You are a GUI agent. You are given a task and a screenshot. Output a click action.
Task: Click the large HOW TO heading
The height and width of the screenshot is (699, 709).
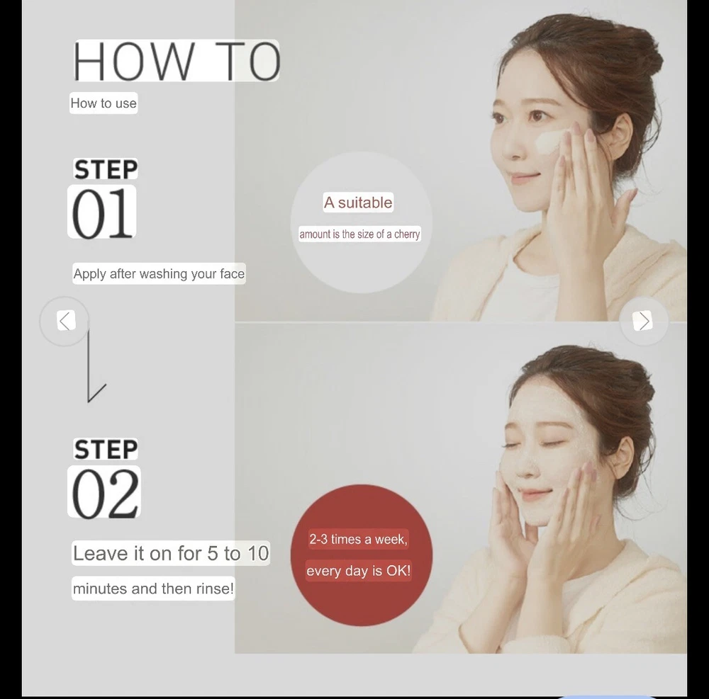tap(177, 61)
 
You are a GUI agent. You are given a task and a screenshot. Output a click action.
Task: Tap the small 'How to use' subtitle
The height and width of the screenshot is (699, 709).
tap(104, 103)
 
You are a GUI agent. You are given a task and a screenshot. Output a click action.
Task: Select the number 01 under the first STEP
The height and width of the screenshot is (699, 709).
tap(103, 212)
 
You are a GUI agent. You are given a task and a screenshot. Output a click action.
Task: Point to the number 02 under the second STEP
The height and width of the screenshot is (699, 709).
tap(105, 493)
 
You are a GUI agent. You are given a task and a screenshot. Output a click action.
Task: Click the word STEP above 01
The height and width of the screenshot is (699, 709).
tap(106, 170)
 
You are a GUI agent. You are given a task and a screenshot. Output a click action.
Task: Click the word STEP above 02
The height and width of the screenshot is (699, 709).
tap(106, 450)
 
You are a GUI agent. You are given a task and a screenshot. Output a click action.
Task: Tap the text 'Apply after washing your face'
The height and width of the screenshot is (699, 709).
tap(159, 273)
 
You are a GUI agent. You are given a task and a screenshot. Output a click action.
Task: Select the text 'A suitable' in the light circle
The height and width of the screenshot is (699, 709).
tap(358, 203)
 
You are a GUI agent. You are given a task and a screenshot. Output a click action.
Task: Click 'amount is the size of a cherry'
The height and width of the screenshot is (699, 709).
tap(359, 234)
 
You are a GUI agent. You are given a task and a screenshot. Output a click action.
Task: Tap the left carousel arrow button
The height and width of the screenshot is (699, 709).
tap(65, 321)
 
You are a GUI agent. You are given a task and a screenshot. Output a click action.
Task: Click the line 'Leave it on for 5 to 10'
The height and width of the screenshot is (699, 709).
tap(171, 553)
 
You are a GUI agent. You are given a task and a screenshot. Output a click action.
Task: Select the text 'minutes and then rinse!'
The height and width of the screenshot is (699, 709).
tap(153, 589)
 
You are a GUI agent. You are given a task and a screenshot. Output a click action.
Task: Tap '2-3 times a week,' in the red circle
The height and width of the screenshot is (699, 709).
tap(358, 539)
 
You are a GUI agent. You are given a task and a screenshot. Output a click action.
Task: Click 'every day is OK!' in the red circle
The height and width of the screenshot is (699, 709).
tap(358, 571)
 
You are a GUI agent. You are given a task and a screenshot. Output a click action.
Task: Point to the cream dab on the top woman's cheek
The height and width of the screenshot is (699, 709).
tap(547, 142)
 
